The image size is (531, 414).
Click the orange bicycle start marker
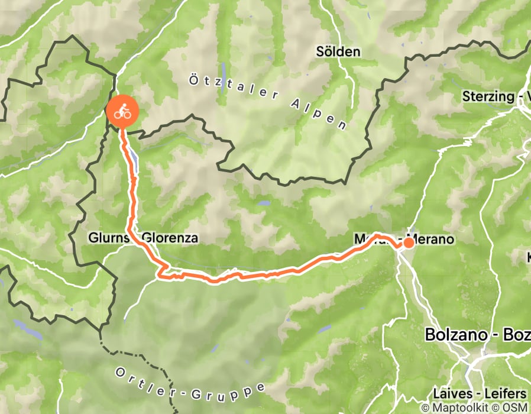click(x=122, y=111)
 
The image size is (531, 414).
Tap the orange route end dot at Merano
click(x=408, y=242)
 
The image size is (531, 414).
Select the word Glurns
click(x=106, y=238)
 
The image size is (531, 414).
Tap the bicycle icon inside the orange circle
click(x=122, y=111)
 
